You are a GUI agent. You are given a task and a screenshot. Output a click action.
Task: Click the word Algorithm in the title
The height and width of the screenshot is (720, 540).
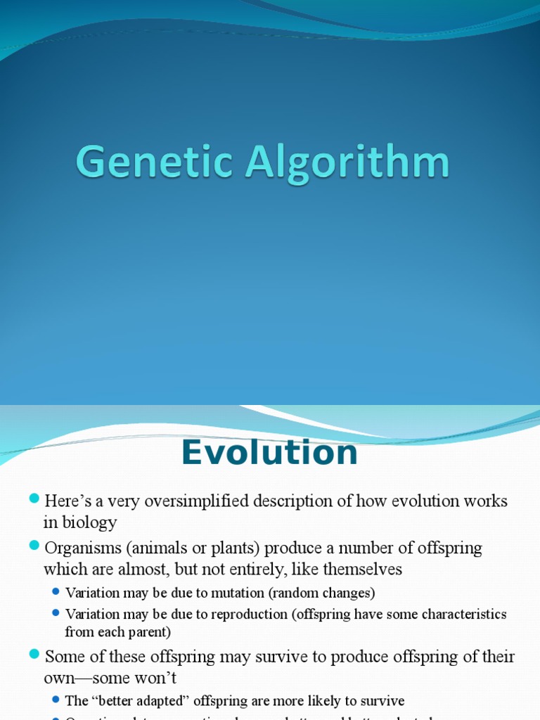coord(347,163)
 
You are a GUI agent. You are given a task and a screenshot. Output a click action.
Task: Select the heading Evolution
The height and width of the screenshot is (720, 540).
coord(269,453)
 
